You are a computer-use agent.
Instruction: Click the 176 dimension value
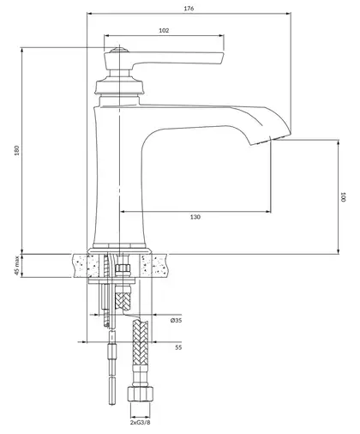point(189,9)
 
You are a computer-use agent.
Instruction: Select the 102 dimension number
point(164,30)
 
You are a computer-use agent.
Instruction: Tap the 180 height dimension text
point(16,150)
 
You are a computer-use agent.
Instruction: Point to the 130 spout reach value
point(195,217)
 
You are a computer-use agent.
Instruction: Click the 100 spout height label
point(343,197)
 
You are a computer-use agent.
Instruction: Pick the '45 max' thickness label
point(16,266)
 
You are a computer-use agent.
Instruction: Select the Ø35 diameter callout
point(176,320)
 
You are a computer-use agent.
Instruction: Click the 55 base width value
point(178,347)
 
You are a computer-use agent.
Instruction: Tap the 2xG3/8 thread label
point(140,423)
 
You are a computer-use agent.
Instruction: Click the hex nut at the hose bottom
point(140,394)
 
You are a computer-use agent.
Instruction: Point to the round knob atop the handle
point(119,50)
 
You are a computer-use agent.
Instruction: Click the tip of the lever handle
point(223,58)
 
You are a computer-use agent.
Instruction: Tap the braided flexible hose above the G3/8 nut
point(140,343)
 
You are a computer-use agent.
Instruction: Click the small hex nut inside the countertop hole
point(123,268)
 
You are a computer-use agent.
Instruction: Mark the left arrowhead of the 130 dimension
point(122,212)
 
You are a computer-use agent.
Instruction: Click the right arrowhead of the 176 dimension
point(288,13)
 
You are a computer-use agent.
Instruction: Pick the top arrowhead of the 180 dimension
point(21,50)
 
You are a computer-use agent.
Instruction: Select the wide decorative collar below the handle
point(119,87)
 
